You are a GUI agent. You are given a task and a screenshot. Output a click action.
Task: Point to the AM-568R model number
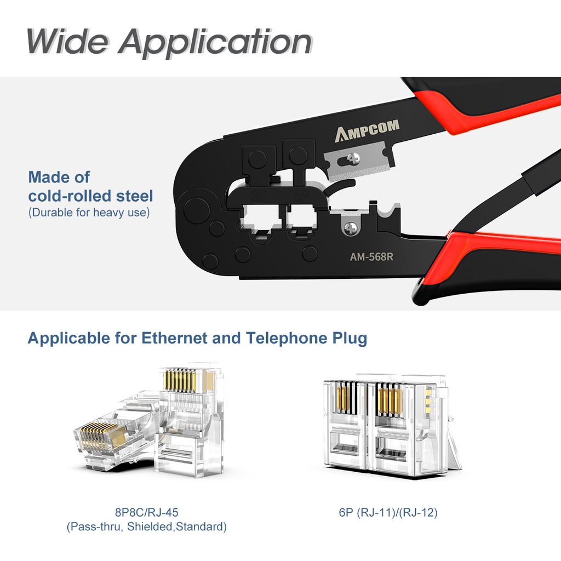(x=372, y=256)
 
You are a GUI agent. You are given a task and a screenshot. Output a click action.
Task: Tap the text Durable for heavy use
(x=89, y=213)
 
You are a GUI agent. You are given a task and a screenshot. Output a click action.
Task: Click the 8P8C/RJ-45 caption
(x=146, y=513)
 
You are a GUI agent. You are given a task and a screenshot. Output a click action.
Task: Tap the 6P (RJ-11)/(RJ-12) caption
(x=388, y=513)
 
